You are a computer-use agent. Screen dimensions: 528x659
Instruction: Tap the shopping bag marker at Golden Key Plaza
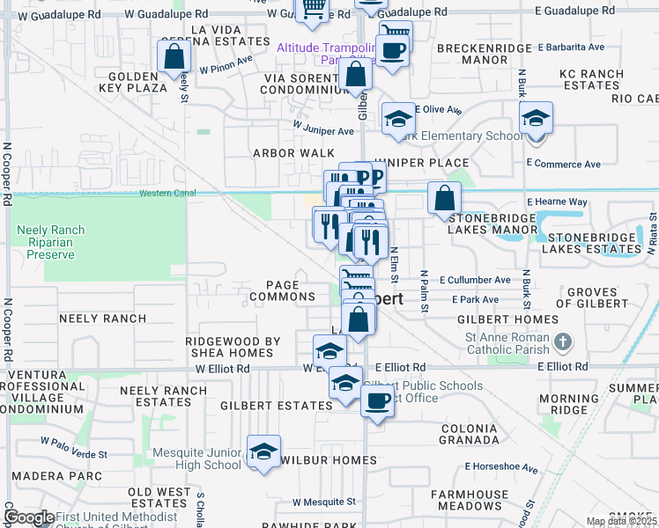tap(174, 56)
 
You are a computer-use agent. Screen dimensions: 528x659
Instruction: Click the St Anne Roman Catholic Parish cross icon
tap(564, 341)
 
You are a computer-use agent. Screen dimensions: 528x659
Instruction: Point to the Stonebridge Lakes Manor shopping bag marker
tap(445, 199)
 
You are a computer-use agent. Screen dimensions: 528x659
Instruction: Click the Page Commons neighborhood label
tap(282, 291)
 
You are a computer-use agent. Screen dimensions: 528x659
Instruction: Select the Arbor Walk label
tap(281, 152)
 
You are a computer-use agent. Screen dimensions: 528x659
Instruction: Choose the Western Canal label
tap(161, 193)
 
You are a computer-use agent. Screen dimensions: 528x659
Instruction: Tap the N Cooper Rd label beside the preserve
tap(7, 175)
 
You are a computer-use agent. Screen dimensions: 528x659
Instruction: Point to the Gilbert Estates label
tap(276, 406)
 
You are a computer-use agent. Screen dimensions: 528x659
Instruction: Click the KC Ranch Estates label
tap(592, 79)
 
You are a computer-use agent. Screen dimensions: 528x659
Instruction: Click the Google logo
tap(28, 517)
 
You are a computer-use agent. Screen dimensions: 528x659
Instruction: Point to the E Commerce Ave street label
tap(563, 164)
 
